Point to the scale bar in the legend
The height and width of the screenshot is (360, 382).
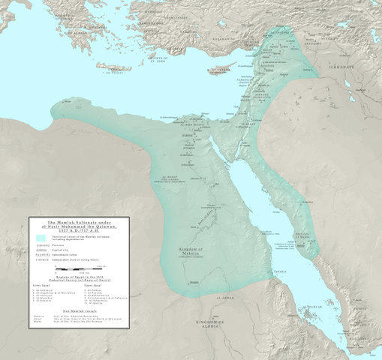click(76, 268)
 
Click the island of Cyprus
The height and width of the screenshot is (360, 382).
click(221, 73)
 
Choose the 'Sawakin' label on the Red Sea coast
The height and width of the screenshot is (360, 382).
click(281, 271)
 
